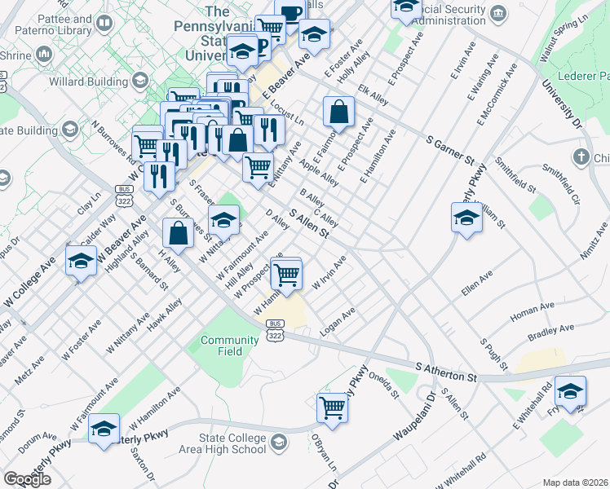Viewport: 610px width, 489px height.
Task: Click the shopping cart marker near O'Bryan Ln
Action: click(x=332, y=407)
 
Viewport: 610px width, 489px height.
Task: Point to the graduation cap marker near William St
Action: click(x=466, y=217)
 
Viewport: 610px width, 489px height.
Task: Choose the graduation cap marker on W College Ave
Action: click(x=81, y=261)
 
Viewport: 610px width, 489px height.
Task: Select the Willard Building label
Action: click(x=95, y=82)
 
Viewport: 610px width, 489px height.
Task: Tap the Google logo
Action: click(x=27, y=479)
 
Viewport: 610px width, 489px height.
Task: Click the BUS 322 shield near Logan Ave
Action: click(x=273, y=329)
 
